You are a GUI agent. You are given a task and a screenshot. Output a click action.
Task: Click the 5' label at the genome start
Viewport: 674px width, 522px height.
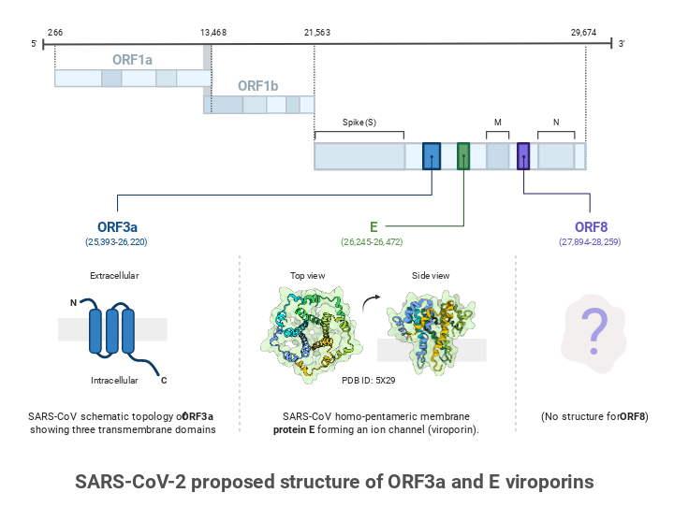(34, 44)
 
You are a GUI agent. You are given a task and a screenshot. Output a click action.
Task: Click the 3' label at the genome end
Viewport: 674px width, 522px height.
(621, 44)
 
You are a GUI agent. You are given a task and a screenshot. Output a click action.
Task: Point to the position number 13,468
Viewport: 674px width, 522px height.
(212, 32)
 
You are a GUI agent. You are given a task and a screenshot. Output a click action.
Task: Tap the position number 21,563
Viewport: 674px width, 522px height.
(316, 32)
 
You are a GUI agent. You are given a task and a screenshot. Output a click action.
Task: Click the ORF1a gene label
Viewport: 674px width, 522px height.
(132, 59)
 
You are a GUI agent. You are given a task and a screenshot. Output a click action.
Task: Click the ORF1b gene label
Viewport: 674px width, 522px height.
(257, 85)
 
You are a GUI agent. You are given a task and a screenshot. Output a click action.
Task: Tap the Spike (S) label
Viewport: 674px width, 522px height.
(359, 123)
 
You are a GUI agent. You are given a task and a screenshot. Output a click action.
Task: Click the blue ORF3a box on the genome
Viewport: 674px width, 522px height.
(432, 155)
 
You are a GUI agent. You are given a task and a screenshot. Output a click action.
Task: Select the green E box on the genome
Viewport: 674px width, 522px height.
(463, 155)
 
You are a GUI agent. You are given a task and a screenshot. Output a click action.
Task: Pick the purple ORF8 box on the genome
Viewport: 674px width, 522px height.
(523, 155)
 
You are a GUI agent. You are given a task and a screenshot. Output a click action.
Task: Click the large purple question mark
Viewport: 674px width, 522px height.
(593, 328)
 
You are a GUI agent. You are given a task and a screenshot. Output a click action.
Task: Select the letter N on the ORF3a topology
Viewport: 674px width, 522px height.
(74, 302)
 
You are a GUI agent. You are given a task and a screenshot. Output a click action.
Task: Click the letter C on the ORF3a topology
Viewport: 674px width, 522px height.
(164, 380)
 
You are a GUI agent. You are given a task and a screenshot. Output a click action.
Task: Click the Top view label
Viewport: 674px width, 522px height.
(308, 276)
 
